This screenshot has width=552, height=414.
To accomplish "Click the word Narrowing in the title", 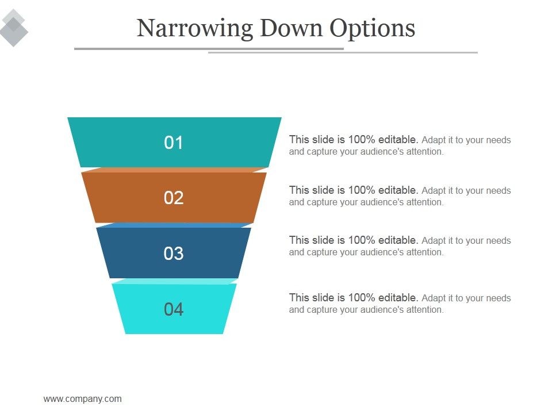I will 194,29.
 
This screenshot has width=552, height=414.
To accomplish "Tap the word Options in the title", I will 372,29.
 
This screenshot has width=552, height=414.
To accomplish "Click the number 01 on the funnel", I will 174,143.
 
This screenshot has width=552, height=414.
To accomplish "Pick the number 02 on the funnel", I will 174,198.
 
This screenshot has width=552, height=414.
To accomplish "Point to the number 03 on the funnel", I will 174,254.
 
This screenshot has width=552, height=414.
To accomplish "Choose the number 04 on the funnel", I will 174,309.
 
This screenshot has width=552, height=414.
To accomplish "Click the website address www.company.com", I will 82,398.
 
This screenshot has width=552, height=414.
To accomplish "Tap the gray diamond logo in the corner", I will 13,28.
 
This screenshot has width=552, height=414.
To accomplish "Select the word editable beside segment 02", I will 398,190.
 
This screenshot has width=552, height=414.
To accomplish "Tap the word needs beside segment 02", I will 499,190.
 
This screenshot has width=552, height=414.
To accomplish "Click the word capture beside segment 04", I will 323,309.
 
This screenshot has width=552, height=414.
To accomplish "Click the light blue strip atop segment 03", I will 174,225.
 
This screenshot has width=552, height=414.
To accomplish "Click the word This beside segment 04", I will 299,297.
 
